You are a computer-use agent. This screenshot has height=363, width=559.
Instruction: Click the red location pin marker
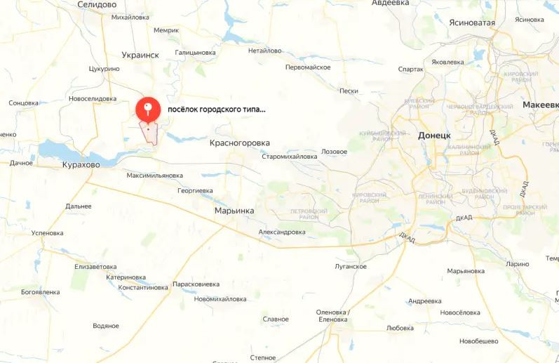pos(147,108)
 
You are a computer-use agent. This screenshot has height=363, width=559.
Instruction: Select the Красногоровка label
pos(240,143)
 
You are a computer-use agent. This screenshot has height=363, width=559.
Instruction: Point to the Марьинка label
pos(234,211)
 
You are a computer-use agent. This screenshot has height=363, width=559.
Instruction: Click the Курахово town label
pos(81,164)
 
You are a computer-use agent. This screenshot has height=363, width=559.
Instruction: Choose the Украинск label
pos(140,55)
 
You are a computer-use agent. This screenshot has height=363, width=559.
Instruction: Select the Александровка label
pos(282,232)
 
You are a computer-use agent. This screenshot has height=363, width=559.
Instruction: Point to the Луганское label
pos(351,266)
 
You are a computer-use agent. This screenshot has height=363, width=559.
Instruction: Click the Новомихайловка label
pos(220,298)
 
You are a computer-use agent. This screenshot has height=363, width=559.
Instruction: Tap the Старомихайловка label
pos(289,157)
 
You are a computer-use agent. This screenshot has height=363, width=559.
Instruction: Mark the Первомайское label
pos(308,67)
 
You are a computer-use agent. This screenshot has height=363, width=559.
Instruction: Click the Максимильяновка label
pos(154,176)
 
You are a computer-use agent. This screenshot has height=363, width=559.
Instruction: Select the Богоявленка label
pos(45,291)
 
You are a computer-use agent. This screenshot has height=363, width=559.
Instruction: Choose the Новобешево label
pos(478,341)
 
